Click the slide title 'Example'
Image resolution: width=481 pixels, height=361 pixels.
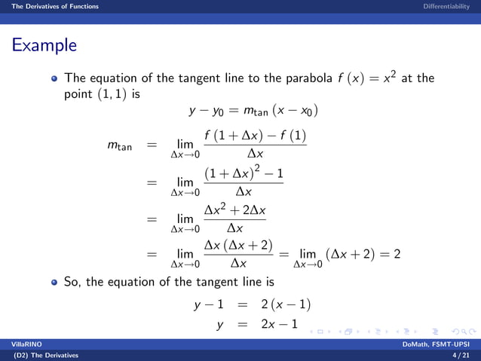pyautogui.click(x=44, y=45)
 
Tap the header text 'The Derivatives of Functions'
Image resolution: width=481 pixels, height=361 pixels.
pyautogui.click(x=49, y=6)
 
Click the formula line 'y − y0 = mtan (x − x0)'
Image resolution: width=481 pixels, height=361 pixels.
pyautogui.click(x=253, y=112)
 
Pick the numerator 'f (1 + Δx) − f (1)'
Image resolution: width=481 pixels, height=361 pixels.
pyautogui.click(x=254, y=139)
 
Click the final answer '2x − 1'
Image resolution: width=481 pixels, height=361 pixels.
pyautogui.click(x=279, y=325)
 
